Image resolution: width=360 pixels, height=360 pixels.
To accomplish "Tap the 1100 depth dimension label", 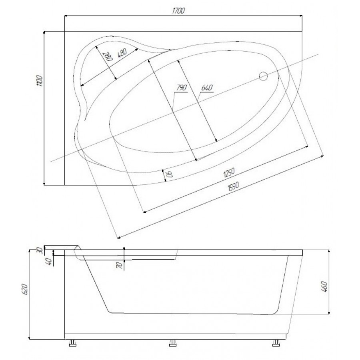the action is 40,80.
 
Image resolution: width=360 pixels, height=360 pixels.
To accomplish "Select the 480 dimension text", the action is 122,53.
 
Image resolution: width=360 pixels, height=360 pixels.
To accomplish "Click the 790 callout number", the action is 182,88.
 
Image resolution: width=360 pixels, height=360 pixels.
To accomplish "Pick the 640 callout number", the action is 207,88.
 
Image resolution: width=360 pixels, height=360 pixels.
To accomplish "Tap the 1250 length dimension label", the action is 229,173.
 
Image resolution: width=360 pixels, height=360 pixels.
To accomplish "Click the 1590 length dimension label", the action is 233,186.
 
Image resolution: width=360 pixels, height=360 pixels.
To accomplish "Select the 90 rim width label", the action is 169,174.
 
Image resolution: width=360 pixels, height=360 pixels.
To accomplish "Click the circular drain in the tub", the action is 263,76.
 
